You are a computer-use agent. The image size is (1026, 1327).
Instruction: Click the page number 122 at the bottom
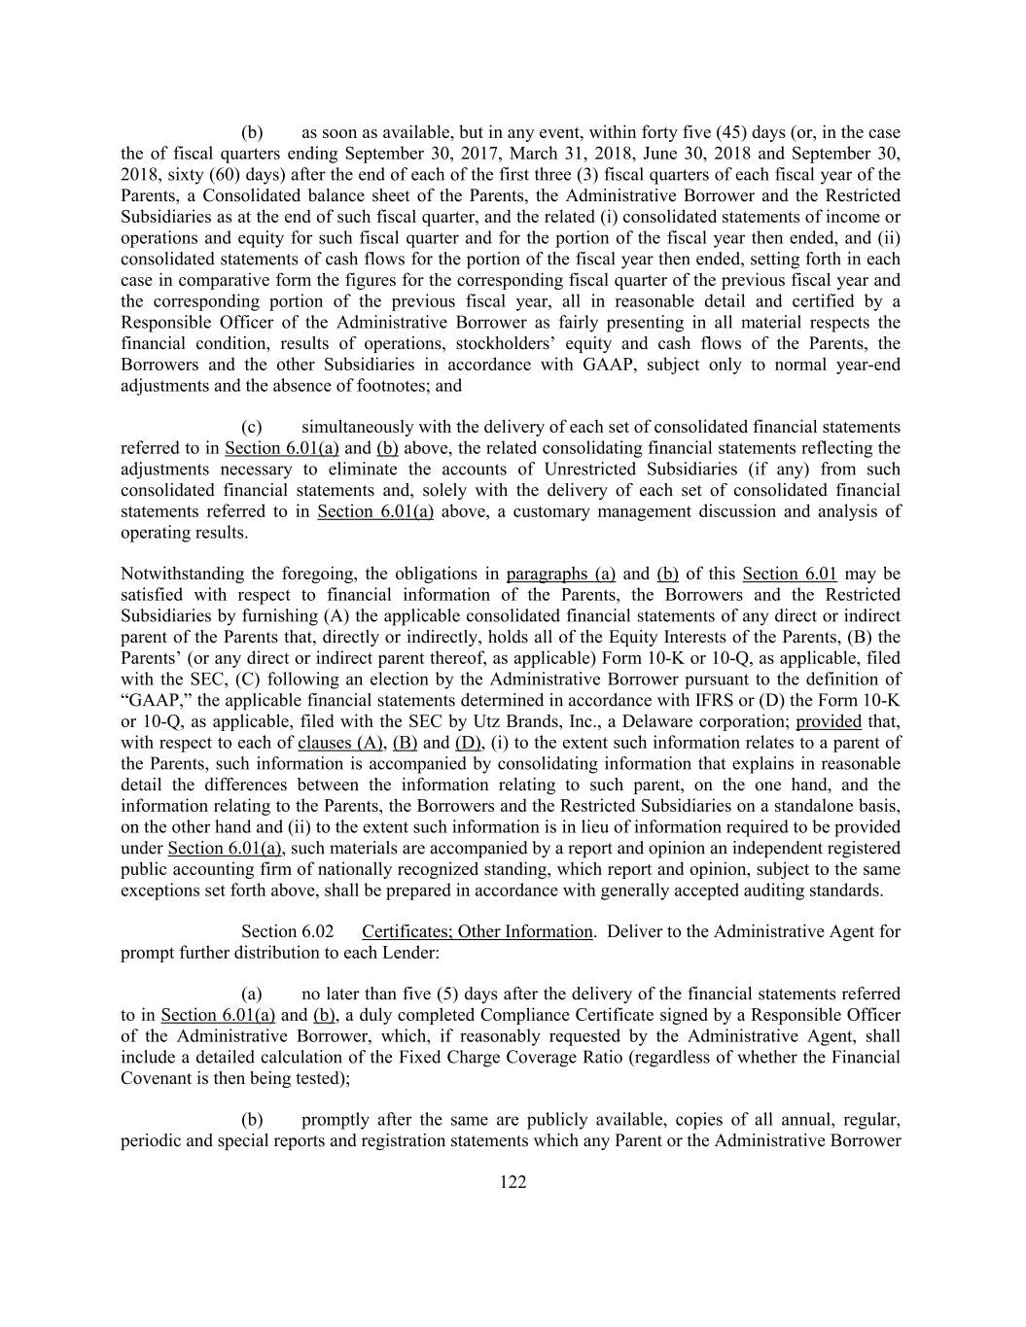513,1182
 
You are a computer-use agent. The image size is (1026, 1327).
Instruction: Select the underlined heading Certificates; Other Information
477,931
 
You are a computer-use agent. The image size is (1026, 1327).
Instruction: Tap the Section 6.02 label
287,931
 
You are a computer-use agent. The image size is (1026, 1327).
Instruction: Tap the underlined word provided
828,721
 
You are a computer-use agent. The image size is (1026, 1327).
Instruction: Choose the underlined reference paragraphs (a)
560,574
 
